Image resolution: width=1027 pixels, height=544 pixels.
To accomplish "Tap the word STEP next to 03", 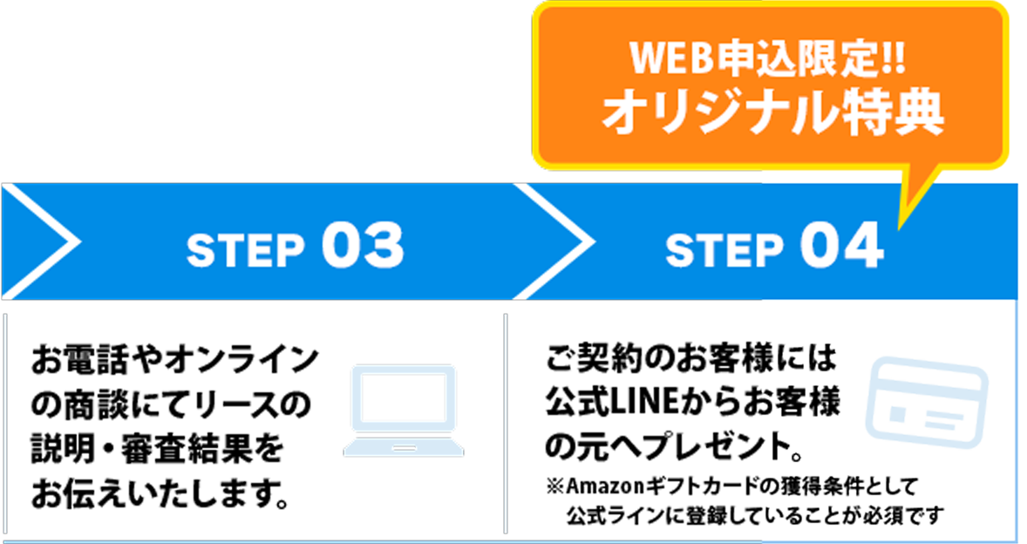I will click(x=245, y=251).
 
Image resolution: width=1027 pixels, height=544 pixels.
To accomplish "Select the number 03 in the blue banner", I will click(x=363, y=247).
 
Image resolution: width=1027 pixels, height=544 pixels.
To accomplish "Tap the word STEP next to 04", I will click(x=724, y=251).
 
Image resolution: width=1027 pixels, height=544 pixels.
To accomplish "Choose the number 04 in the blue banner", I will click(x=841, y=247).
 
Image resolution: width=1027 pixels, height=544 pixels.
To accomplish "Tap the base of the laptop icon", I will click(x=403, y=448).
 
